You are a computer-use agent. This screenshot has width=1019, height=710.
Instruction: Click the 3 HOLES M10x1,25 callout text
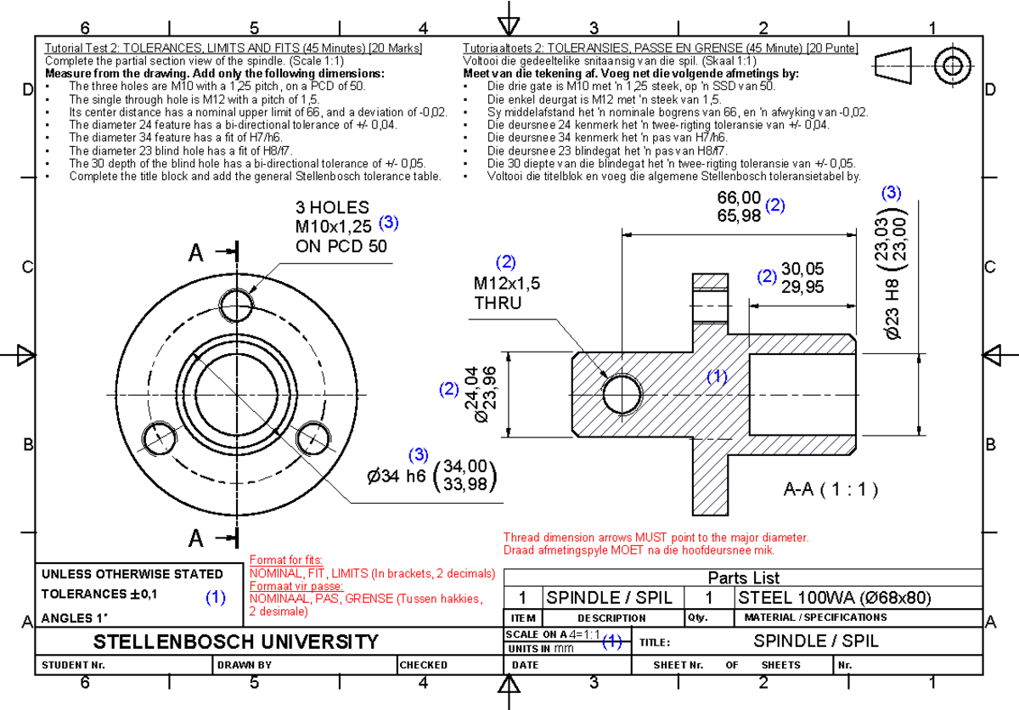(333, 227)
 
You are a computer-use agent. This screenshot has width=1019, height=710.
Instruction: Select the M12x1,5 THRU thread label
(507, 292)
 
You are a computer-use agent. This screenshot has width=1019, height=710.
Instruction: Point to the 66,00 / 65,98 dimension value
(739, 206)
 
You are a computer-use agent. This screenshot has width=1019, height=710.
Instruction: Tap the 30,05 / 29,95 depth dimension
(802, 278)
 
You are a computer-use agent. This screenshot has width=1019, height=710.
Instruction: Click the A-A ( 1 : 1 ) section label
(830, 489)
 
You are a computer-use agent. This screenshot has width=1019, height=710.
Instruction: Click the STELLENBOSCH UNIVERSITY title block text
(235, 641)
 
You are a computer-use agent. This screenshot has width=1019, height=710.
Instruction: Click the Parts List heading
(744, 578)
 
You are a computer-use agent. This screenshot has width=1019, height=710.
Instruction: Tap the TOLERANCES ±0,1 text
(99, 594)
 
